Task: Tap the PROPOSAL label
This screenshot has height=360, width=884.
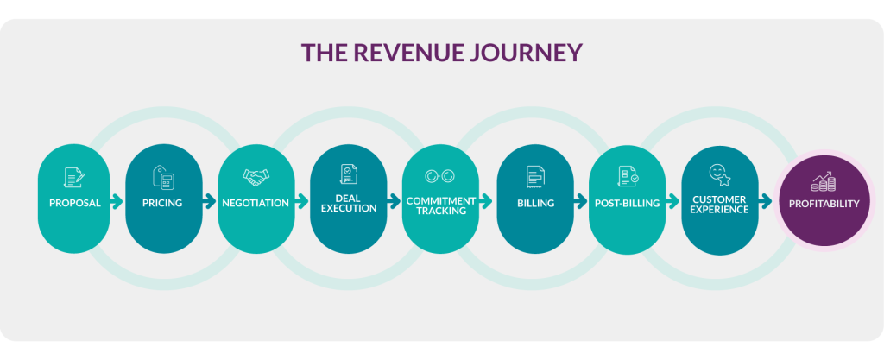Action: coord(75,204)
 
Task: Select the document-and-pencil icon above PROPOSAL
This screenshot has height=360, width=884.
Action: coord(74,178)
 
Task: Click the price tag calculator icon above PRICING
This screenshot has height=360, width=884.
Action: coord(163,178)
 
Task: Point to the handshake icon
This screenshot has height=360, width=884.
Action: coord(256,177)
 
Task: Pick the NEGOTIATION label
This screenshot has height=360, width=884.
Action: coord(256,204)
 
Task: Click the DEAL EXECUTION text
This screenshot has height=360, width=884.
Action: coord(349,204)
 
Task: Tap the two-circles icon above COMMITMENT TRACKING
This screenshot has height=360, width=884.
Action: coord(439,176)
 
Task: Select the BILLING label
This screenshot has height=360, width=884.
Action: coord(535,204)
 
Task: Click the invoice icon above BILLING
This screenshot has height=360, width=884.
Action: coord(535,178)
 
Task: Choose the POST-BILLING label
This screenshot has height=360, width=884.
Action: coord(627,204)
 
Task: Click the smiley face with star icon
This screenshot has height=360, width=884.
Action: coord(720,176)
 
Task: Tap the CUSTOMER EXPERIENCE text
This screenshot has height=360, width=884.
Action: coord(719,205)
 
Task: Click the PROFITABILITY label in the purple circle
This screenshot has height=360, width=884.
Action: coord(824,204)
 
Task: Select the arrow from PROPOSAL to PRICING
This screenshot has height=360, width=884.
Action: coord(117,202)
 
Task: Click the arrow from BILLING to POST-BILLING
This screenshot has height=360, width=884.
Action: coord(581,202)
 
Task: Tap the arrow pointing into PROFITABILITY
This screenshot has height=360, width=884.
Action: coord(766,202)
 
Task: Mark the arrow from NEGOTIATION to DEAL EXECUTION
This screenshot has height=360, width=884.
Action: coord(301,202)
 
